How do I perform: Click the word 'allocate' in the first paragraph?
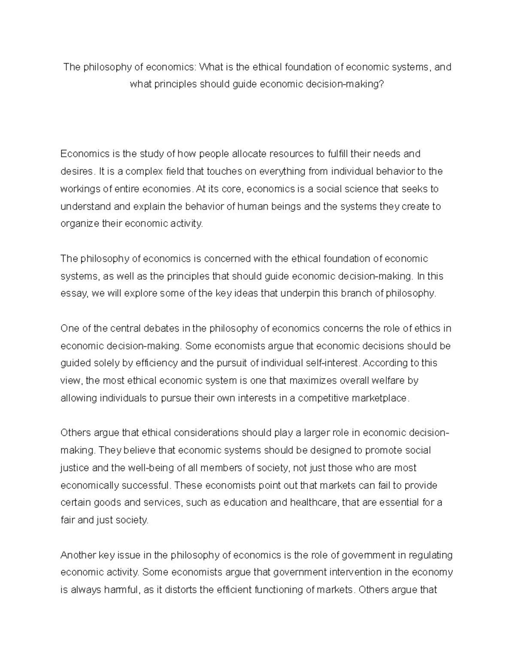(x=248, y=154)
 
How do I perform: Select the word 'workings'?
(x=78, y=189)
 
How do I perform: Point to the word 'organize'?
(x=78, y=224)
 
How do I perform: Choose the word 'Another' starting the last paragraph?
(x=78, y=555)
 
